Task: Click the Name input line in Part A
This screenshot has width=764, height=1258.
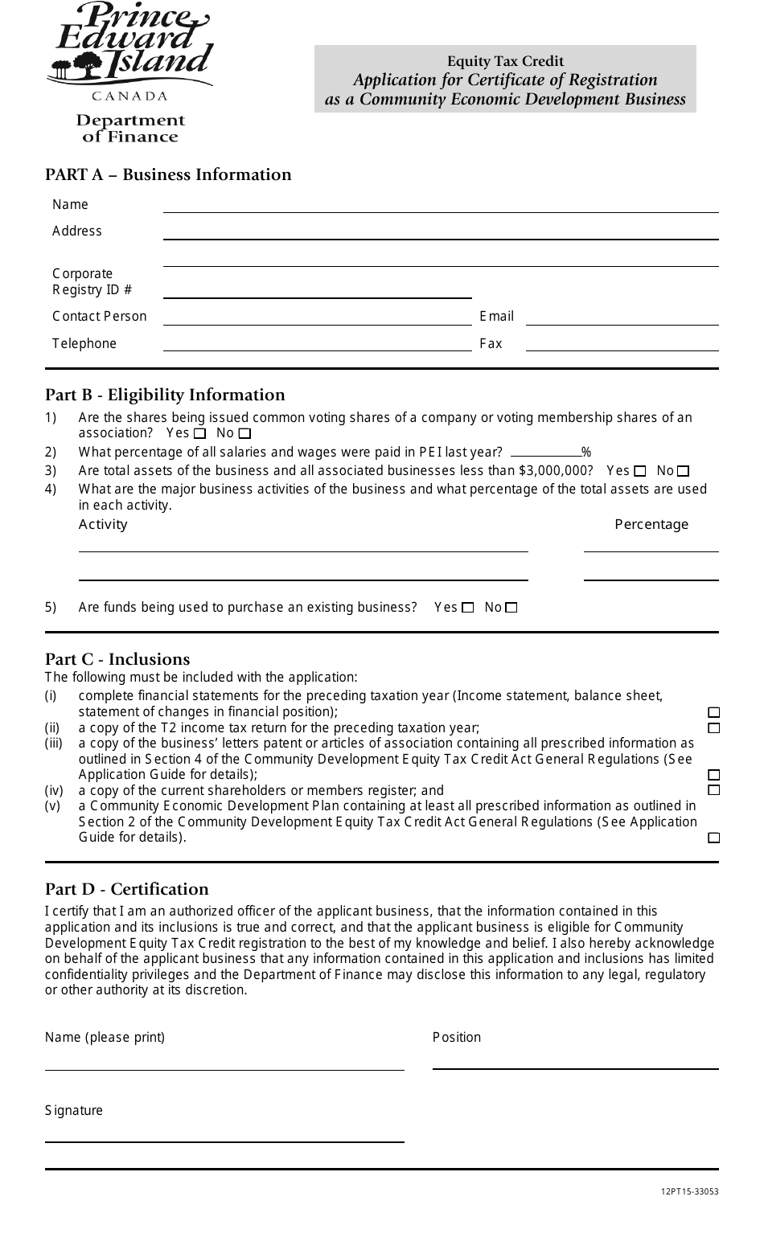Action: click(x=440, y=206)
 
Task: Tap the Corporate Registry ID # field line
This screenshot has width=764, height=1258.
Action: click(x=318, y=291)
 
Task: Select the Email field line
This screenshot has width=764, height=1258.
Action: click(x=621, y=318)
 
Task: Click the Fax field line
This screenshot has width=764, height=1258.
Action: click(x=621, y=345)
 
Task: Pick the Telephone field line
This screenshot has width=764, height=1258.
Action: click(x=317, y=345)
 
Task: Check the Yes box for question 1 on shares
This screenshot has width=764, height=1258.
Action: click(x=200, y=434)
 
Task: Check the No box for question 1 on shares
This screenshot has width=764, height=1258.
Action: click(x=245, y=434)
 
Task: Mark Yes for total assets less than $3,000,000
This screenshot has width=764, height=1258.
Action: click(x=640, y=472)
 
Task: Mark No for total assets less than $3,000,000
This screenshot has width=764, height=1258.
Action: click(x=683, y=472)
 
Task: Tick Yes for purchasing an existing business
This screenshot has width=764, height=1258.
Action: click(x=468, y=608)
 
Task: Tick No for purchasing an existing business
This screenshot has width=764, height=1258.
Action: click(x=511, y=608)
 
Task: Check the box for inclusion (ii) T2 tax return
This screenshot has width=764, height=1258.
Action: click(x=713, y=728)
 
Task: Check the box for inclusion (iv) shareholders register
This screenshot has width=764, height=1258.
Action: click(x=713, y=790)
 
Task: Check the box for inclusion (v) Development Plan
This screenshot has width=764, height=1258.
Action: click(x=713, y=838)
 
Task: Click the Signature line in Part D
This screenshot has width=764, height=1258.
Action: click(x=224, y=1135)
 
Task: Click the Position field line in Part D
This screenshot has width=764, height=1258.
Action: click(x=575, y=1063)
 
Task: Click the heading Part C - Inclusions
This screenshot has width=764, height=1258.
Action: click(x=117, y=660)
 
